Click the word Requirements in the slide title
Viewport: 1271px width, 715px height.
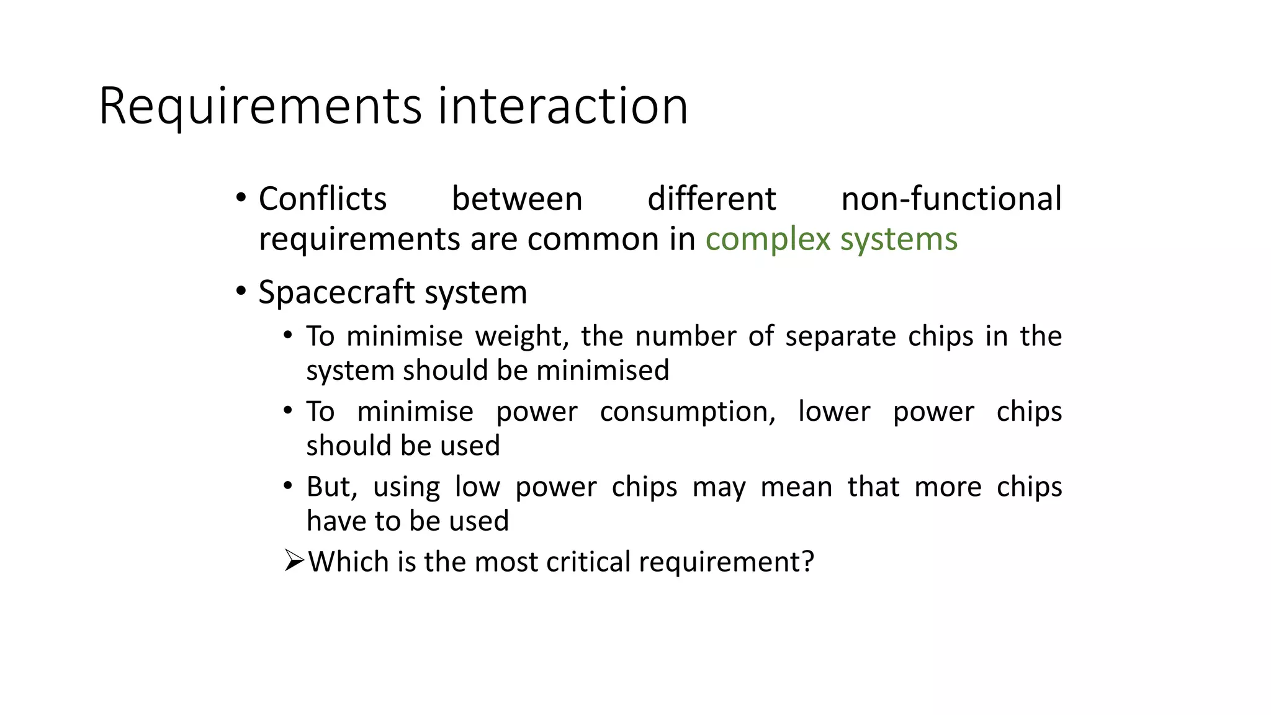click(260, 107)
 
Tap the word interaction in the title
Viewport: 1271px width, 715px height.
click(563, 106)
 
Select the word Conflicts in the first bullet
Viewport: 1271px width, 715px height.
click(323, 199)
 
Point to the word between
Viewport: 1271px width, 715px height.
click(517, 199)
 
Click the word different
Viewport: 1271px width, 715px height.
click(711, 199)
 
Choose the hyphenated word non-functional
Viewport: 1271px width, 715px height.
click(951, 199)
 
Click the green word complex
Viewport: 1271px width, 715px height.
click(768, 240)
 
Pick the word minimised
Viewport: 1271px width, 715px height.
click(603, 371)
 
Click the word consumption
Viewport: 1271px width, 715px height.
click(688, 411)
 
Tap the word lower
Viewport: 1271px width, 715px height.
click(834, 411)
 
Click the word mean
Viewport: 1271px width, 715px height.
click(796, 487)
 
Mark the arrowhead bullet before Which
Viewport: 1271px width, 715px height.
click(294, 561)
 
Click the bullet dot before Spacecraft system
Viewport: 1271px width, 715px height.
click(241, 291)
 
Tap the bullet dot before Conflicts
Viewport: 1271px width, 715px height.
click(241, 199)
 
